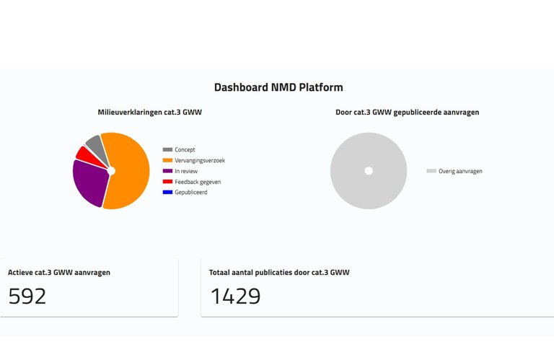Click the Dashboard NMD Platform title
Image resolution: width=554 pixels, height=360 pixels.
(x=278, y=87)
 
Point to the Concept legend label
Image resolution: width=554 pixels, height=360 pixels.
(x=185, y=149)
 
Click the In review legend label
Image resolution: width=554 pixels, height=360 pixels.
(x=186, y=171)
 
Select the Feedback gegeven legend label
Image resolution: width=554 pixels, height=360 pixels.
(x=198, y=182)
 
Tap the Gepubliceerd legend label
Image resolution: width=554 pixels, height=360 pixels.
(x=190, y=192)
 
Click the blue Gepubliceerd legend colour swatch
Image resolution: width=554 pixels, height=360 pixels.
(x=168, y=192)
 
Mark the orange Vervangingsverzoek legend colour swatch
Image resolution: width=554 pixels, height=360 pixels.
(x=168, y=160)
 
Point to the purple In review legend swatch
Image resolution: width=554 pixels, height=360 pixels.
(x=168, y=171)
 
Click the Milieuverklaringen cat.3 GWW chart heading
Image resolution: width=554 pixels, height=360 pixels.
(x=149, y=113)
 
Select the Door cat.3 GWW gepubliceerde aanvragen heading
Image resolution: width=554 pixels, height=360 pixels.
(x=408, y=113)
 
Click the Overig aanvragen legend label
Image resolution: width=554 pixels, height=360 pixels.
(x=460, y=171)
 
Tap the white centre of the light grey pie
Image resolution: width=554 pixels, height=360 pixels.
(x=369, y=171)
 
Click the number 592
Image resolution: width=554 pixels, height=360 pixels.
(x=27, y=296)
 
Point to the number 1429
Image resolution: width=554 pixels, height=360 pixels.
(x=235, y=296)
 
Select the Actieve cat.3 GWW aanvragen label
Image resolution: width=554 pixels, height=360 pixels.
(x=59, y=273)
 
